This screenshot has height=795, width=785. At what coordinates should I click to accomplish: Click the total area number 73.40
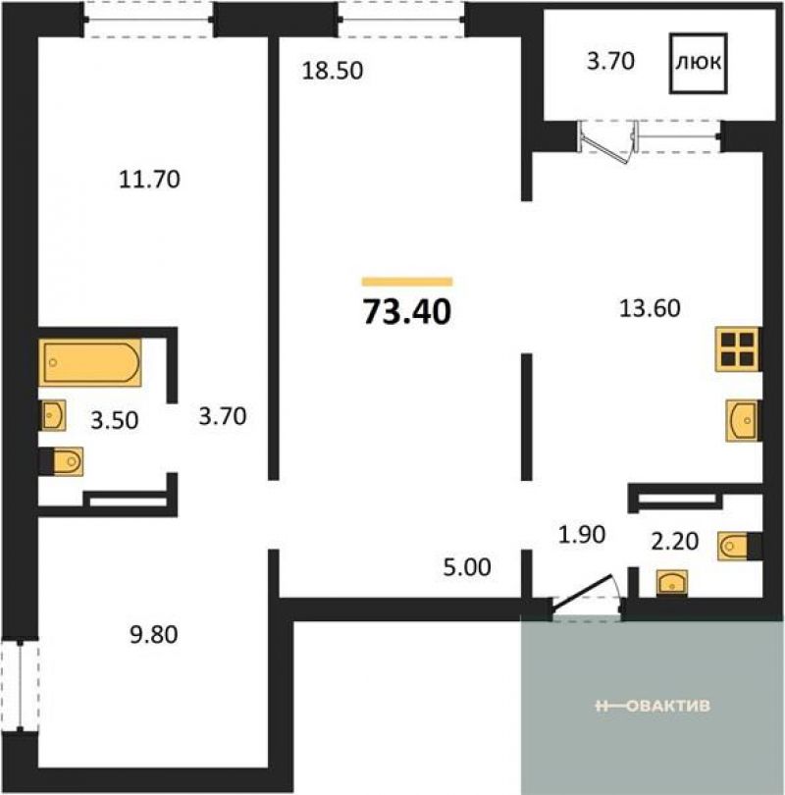[x=407, y=311]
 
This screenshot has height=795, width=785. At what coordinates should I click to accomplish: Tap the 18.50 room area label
[x=333, y=71]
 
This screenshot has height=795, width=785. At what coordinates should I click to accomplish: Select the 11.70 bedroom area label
[x=149, y=180]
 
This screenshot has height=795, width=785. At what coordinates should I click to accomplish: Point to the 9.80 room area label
[x=153, y=635]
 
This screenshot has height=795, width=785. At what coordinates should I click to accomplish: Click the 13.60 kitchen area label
[x=650, y=308]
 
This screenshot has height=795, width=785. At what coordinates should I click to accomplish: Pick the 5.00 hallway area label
[x=467, y=567]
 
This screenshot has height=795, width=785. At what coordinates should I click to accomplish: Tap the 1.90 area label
[x=582, y=534]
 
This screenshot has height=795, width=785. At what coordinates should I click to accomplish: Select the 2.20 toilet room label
[x=674, y=542]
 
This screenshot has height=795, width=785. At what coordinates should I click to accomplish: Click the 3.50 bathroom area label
[x=115, y=421]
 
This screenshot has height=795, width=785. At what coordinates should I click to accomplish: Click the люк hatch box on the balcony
[x=699, y=63]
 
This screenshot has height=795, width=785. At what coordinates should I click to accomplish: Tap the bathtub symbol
[x=90, y=362]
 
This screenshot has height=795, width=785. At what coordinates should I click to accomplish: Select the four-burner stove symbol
[x=737, y=349]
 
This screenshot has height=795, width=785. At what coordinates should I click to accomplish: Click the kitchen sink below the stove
[x=744, y=420]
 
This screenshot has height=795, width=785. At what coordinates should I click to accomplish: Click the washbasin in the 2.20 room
[x=672, y=583]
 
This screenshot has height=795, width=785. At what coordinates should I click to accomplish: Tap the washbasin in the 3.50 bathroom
[x=52, y=415]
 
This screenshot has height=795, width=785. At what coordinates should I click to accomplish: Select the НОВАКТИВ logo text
[x=654, y=706]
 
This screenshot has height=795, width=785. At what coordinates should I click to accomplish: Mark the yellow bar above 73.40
[x=407, y=282]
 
